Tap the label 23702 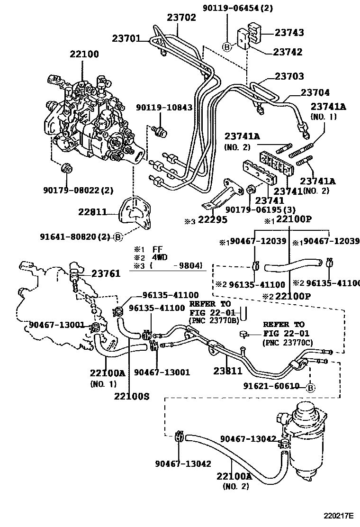(181, 18)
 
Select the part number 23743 (288, 33)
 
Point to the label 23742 (288, 52)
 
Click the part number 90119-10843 (164, 108)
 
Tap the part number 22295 (212, 219)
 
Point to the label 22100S (131, 396)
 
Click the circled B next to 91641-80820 (117, 237)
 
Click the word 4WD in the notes (162, 257)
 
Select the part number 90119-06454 (251, 8)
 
